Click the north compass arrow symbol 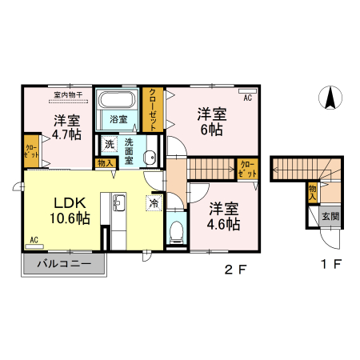tap(328, 98)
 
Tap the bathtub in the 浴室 tap(118, 102)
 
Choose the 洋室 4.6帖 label tap(224, 216)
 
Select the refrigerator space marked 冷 tap(153, 203)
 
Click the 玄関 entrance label tap(330, 215)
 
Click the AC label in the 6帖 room tap(247, 98)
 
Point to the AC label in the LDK tap(34, 239)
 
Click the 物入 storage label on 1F tap(313, 192)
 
